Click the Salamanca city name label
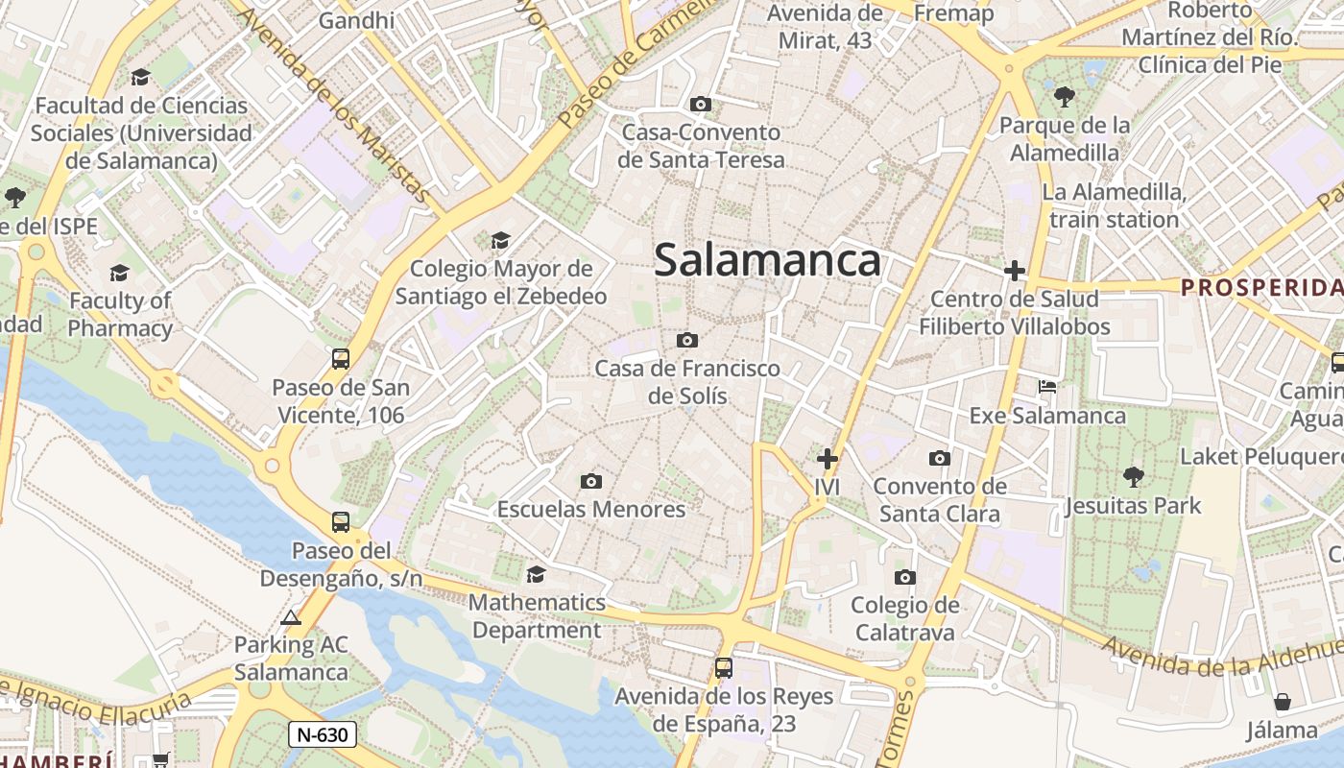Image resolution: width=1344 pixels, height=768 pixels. [x=767, y=260]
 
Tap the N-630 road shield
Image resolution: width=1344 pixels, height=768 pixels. [x=323, y=735]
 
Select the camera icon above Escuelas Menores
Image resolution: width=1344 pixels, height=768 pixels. [x=591, y=481]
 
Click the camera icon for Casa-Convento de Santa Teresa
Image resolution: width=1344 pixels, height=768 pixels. [x=701, y=104]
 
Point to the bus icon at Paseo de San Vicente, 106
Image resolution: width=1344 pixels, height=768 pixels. [x=341, y=359]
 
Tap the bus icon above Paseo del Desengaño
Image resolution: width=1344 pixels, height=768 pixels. [x=341, y=522]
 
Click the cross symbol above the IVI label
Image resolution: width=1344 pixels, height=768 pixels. [x=827, y=459]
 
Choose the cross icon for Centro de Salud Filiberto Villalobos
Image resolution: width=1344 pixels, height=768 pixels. [x=1015, y=271]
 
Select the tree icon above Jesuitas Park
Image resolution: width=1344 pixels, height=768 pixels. [x=1134, y=476]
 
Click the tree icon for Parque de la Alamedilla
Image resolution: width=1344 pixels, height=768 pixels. [x=1065, y=96]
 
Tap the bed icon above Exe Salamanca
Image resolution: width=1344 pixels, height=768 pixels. [x=1048, y=387]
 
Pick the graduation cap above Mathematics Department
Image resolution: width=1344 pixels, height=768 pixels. [x=537, y=574]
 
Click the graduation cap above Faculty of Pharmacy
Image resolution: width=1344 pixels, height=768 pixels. [x=120, y=273]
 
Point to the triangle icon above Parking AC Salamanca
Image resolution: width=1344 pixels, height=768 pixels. [x=292, y=617]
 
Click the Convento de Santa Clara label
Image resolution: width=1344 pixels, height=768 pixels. [x=940, y=500]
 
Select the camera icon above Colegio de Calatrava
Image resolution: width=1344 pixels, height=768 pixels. [x=904, y=577]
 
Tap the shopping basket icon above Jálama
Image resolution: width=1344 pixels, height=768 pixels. [x=1283, y=702]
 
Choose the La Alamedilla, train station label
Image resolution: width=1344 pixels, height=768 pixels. [x=1114, y=205]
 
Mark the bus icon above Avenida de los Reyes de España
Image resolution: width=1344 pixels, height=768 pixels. [x=724, y=668]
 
